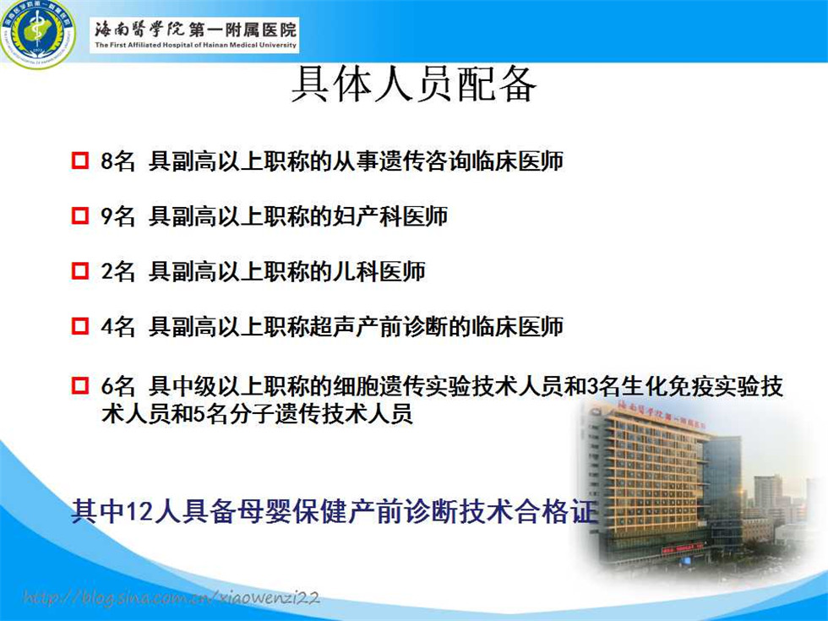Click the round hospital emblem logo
pyautogui.click(x=37, y=34)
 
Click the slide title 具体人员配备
pyautogui.click(x=414, y=84)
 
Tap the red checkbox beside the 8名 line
pyautogui.click(x=79, y=160)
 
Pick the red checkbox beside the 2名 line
pyautogui.click(x=79, y=270)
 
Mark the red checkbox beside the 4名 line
pyautogui.click(x=79, y=325)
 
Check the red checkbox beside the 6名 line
pyautogui.click(x=79, y=385)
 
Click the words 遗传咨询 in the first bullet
pyautogui.click(x=425, y=161)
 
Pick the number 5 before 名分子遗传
pyautogui.click(x=199, y=414)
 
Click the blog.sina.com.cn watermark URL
pyautogui.click(x=172, y=597)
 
